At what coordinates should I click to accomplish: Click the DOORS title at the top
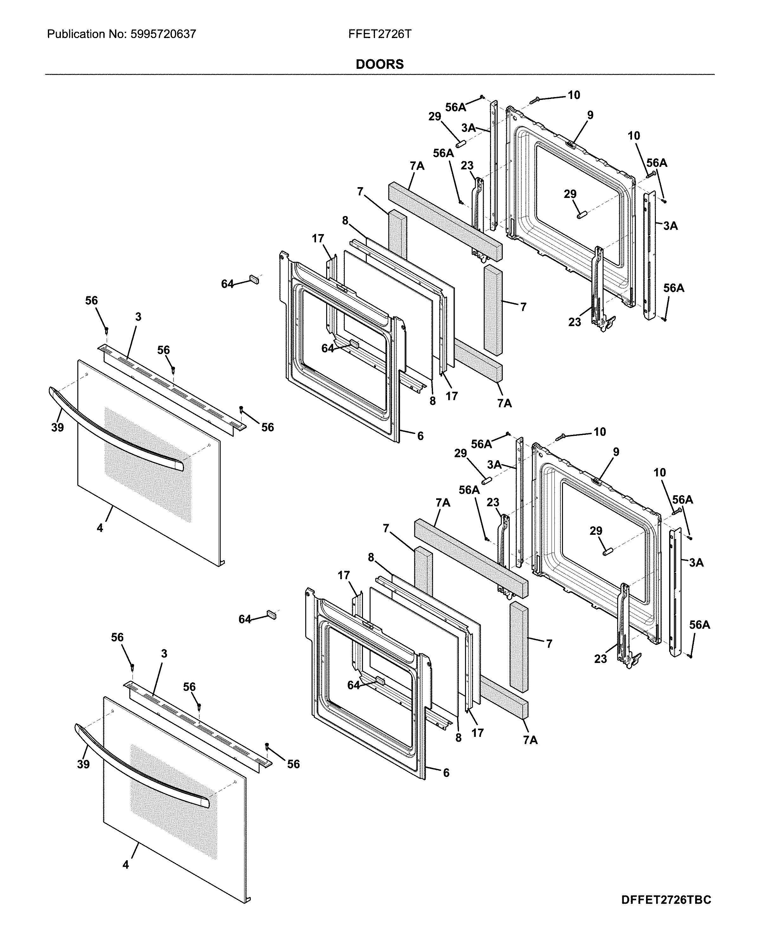click(x=380, y=65)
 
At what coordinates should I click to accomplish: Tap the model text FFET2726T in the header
click(x=380, y=34)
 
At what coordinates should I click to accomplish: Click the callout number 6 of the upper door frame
click(x=420, y=436)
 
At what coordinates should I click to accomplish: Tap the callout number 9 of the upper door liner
click(x=590, y=115)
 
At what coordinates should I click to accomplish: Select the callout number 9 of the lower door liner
click(x=616, y=452)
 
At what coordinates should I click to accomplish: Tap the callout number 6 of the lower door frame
click(x=446, y=773)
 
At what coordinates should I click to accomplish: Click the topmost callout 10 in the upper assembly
click(x=574, y=95)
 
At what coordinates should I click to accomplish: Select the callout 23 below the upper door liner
click(x=575, y=322)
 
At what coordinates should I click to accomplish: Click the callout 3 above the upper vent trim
click(x=138, y=317)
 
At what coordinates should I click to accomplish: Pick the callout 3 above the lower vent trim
click(x=164, y=654)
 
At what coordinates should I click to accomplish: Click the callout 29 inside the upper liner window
click(x=570, y=194)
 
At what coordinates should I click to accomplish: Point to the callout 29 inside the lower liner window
click(x=596, y=531)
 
